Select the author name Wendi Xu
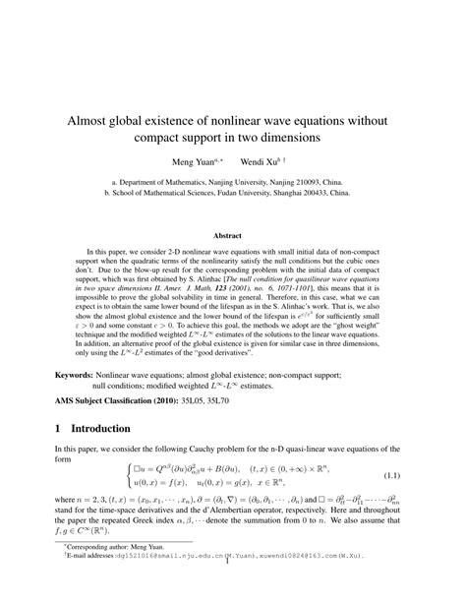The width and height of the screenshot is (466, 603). (x=260, y=159)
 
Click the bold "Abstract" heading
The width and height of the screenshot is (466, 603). (x=233, y=235)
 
